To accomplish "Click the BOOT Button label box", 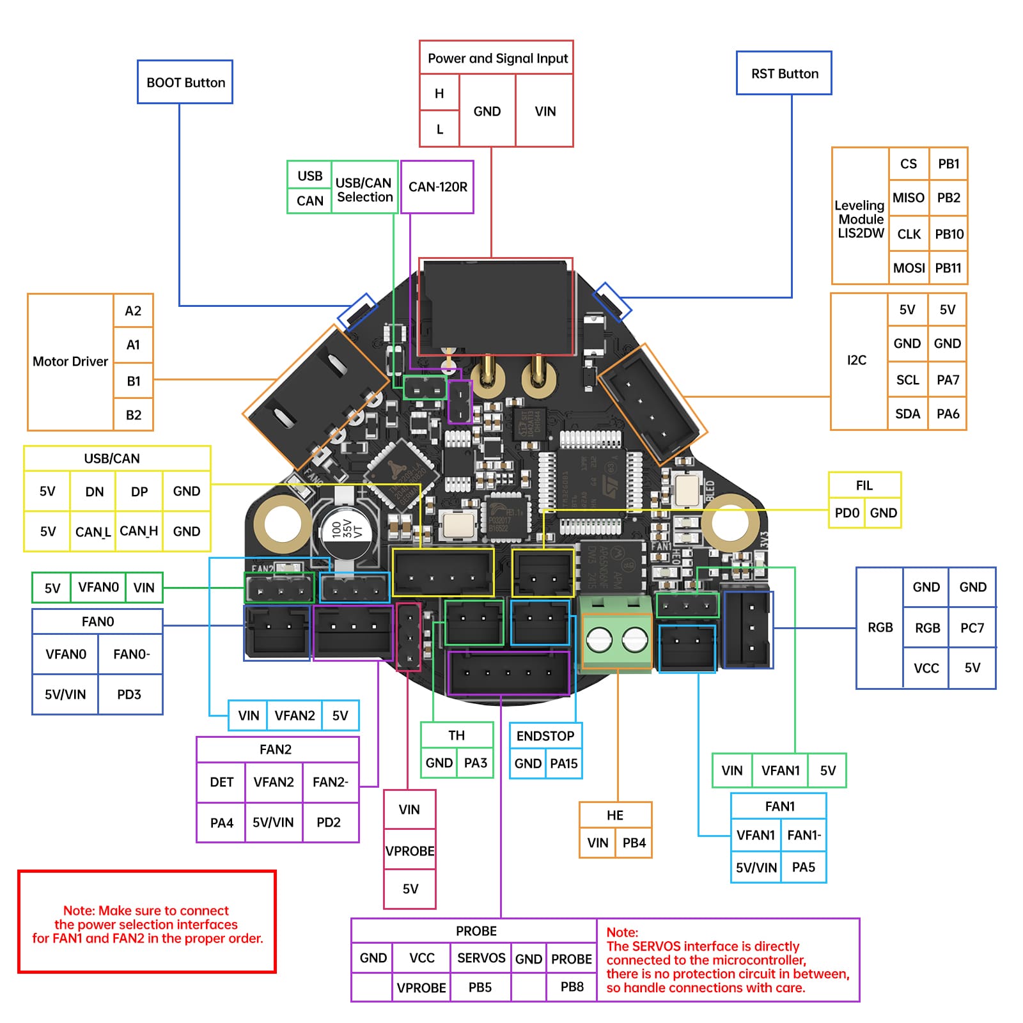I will coord(185,82).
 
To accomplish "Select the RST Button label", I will coord(784,74).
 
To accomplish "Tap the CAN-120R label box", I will coord(437,187).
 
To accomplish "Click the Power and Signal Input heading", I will coord(497,58).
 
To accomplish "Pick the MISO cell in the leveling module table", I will coord(908,198).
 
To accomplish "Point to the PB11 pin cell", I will coord(948,268).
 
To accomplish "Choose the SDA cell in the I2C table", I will coord(907,414).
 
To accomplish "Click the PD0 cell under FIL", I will coord(847,513).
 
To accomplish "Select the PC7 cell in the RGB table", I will coord(972,628).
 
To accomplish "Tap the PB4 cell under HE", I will coord(634,843).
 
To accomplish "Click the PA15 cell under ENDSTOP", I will coord(563,763).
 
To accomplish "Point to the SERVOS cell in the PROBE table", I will coord(481,958).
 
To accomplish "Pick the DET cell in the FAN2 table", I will coord(221,782).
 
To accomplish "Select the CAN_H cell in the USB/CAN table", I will coord(139,531).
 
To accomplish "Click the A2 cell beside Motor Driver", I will coord(133,311).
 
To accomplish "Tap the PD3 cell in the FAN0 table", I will coord(129,694).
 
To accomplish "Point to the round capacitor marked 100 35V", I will coord(345,530).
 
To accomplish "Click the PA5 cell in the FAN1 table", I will coord(803,867).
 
